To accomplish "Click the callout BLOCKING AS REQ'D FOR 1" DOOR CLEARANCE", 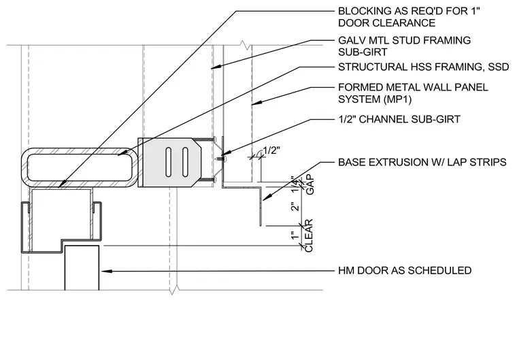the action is click(x=409, y=17).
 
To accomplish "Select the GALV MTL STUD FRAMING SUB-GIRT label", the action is click(x=404, y=46).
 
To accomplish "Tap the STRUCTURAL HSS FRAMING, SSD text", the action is click(x=424, y=67).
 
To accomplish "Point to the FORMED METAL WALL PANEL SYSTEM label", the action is click(x=413, y=93).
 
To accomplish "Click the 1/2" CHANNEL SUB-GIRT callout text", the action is click(x=399, y=119).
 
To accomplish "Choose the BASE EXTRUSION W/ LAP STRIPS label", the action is click(x=422, y=163).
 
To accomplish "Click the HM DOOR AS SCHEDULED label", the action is click(x=405, y=271).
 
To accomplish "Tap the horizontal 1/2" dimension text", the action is click(x=271, y=150).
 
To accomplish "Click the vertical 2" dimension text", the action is click(x=295, y=206).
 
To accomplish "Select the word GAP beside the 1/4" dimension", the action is click(x=310, y=185).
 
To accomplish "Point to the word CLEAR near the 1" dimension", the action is click(x=309, y=235).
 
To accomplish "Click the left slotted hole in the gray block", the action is click(x=169, y=163).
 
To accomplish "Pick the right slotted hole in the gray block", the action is click(x=185, y=163).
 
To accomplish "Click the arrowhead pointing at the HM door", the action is click(x=107, y=272).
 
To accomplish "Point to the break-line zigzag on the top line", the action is click(x=244, y=44).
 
